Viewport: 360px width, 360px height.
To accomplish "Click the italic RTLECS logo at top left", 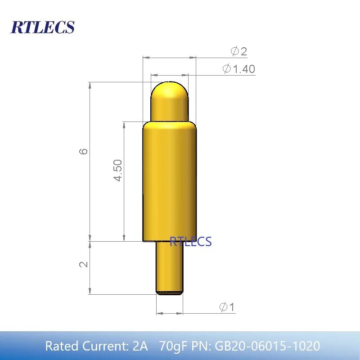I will coord(42,27).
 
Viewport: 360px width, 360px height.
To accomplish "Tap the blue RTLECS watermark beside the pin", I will coord(190,242).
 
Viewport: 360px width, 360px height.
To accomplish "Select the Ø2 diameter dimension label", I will coord(239,51).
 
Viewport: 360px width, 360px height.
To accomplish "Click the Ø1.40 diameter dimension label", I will coord(239,69).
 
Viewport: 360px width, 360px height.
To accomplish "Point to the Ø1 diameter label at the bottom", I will coord(227,307).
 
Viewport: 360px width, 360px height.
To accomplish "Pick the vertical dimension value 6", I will coord(84,151).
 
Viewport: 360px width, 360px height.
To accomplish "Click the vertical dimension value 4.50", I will coord(118,170).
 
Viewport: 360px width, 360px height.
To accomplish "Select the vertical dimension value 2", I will coord(84,264).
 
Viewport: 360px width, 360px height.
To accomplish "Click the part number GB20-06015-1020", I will coord(267,346).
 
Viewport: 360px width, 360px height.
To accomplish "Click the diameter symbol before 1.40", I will coord(227,69).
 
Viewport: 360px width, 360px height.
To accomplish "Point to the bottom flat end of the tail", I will coord(170,293).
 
